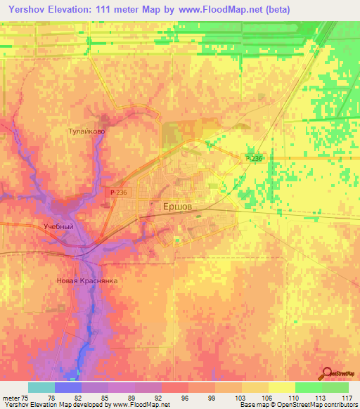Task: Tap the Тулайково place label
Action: (x=86, y=131)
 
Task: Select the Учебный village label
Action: (x=58, y=227)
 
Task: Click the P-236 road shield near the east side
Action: (x=255, y=159)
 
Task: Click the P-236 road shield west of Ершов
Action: (x=119, y=190)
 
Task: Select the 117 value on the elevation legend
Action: (x=345, y=397)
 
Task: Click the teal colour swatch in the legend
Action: (x=41, y=387)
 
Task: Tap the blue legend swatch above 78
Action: (x=67, y=387)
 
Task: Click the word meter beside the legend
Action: (x=11, y=397)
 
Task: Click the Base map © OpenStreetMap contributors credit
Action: (x=297, y=405)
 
